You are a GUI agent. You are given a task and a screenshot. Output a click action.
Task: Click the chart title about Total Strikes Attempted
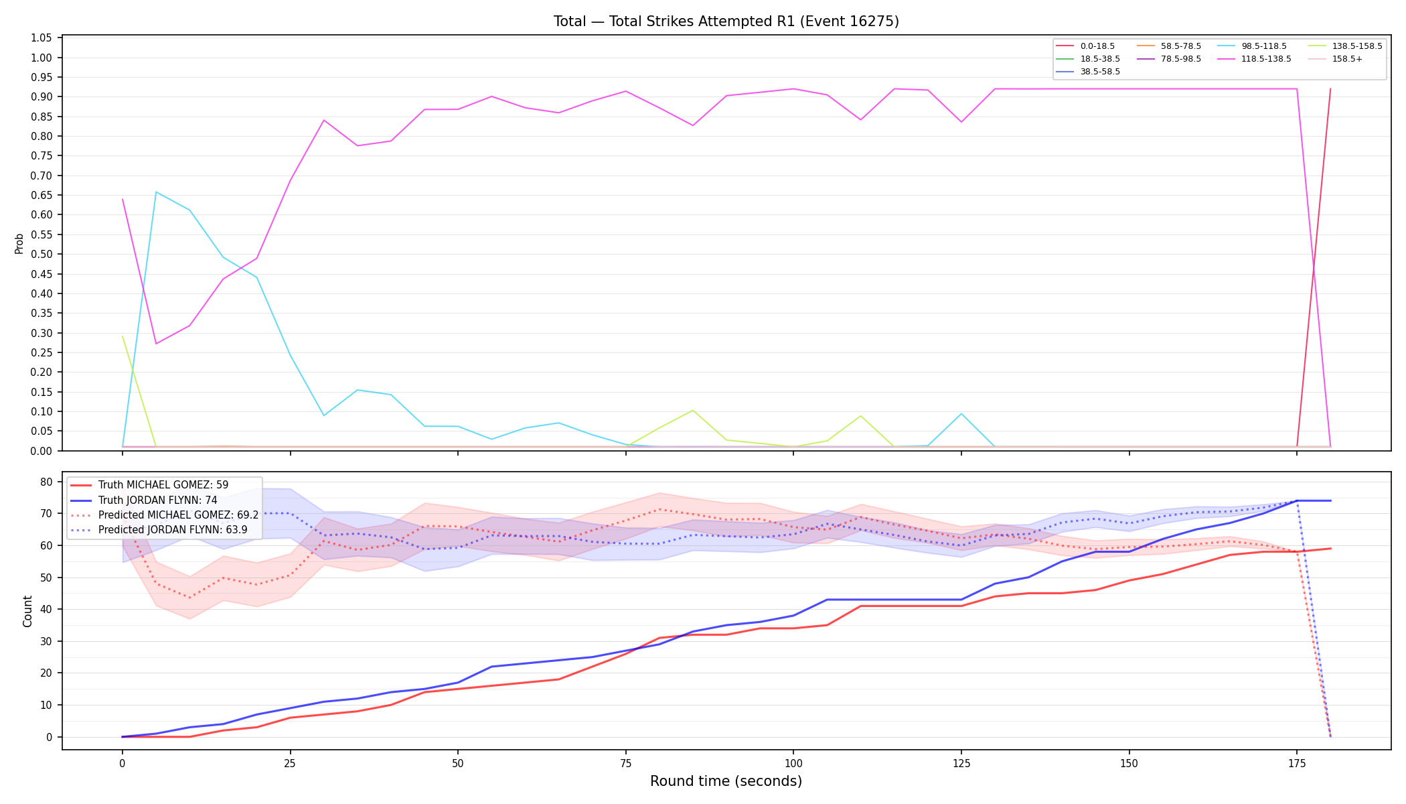pyautogui.click(x=726, y=21)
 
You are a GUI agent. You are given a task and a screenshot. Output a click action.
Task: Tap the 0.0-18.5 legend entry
pyautogui.click(x=1085, y=46)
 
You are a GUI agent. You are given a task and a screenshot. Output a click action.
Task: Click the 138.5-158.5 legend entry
pyautogui.click(x=1345, y=46)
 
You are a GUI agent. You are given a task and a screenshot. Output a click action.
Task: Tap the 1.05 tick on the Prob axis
pyautogui.click(x=42, y=38)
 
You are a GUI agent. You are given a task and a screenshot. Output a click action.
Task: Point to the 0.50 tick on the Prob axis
pyautogui.click(x=42, y=255)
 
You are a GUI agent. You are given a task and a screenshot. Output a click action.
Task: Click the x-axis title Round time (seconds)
pyautogui.click(x=726, y=781)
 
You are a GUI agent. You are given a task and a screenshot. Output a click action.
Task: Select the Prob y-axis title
pyautogui.click(x=19, y=244)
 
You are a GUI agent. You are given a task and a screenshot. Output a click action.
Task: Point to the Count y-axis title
pyautogui.click(x=27, y=611)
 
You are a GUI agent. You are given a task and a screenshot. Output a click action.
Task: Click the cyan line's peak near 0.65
pyautogui.click(x=156, y=192)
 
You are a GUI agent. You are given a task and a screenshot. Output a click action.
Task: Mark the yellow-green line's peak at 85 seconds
pyautogui.click(x=693, y=410)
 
